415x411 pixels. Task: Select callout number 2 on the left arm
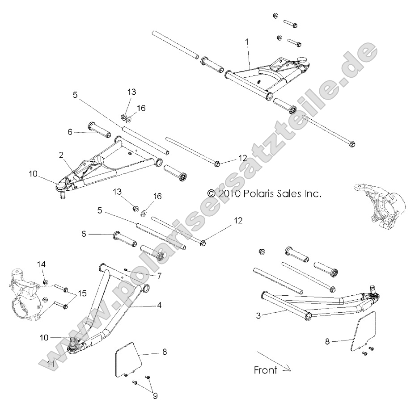pyautogui.click(x=61, y=155)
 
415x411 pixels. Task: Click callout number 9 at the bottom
pyautogui.click(x=155, y=395)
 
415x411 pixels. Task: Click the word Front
pyautogui.click(x=265, y=370)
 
